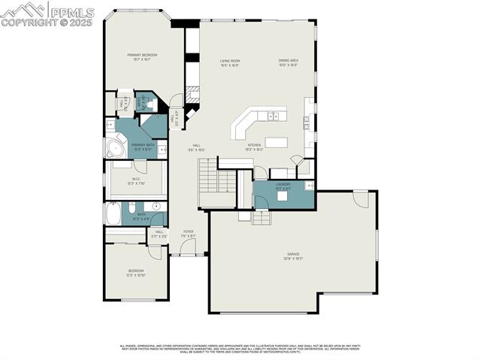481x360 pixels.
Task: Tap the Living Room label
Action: tap(229, 63)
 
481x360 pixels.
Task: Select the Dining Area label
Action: tap(289, 63)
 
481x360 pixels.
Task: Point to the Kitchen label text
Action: tap(254, 147)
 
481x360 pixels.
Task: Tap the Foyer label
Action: tap(188, 234)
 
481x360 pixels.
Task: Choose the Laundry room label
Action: tap(283, 186)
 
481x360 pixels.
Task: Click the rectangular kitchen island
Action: tap(277, 142)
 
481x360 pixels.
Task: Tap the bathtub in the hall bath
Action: tap(113, 214)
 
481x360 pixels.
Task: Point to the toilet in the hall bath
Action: tap(132, 207)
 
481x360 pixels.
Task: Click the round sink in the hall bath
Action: tap(156, 206)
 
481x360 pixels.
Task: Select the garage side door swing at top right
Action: tap(361, 198)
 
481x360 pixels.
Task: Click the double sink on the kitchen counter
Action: tap(274, 116)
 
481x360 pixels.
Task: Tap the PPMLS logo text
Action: tap(72, 12)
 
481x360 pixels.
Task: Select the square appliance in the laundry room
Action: tap(283, 196)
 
